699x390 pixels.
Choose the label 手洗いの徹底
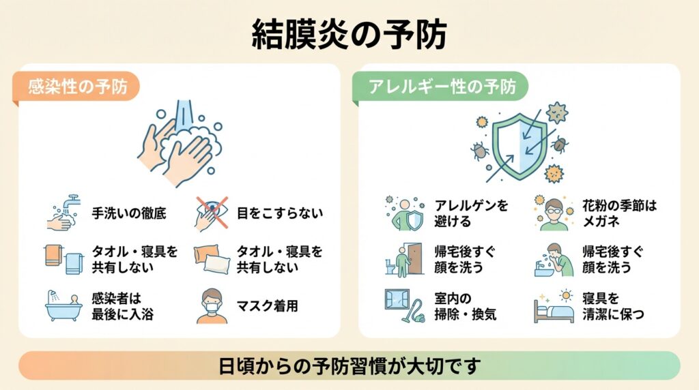[x=129, y=213]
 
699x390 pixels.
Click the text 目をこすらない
[x=279, y=213]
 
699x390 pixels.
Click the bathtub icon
[x=62, y=307]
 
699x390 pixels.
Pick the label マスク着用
[x=268, y=306]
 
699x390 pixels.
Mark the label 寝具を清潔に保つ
[x=610, y=306]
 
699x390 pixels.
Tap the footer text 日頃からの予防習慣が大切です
[x=349, y=365]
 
